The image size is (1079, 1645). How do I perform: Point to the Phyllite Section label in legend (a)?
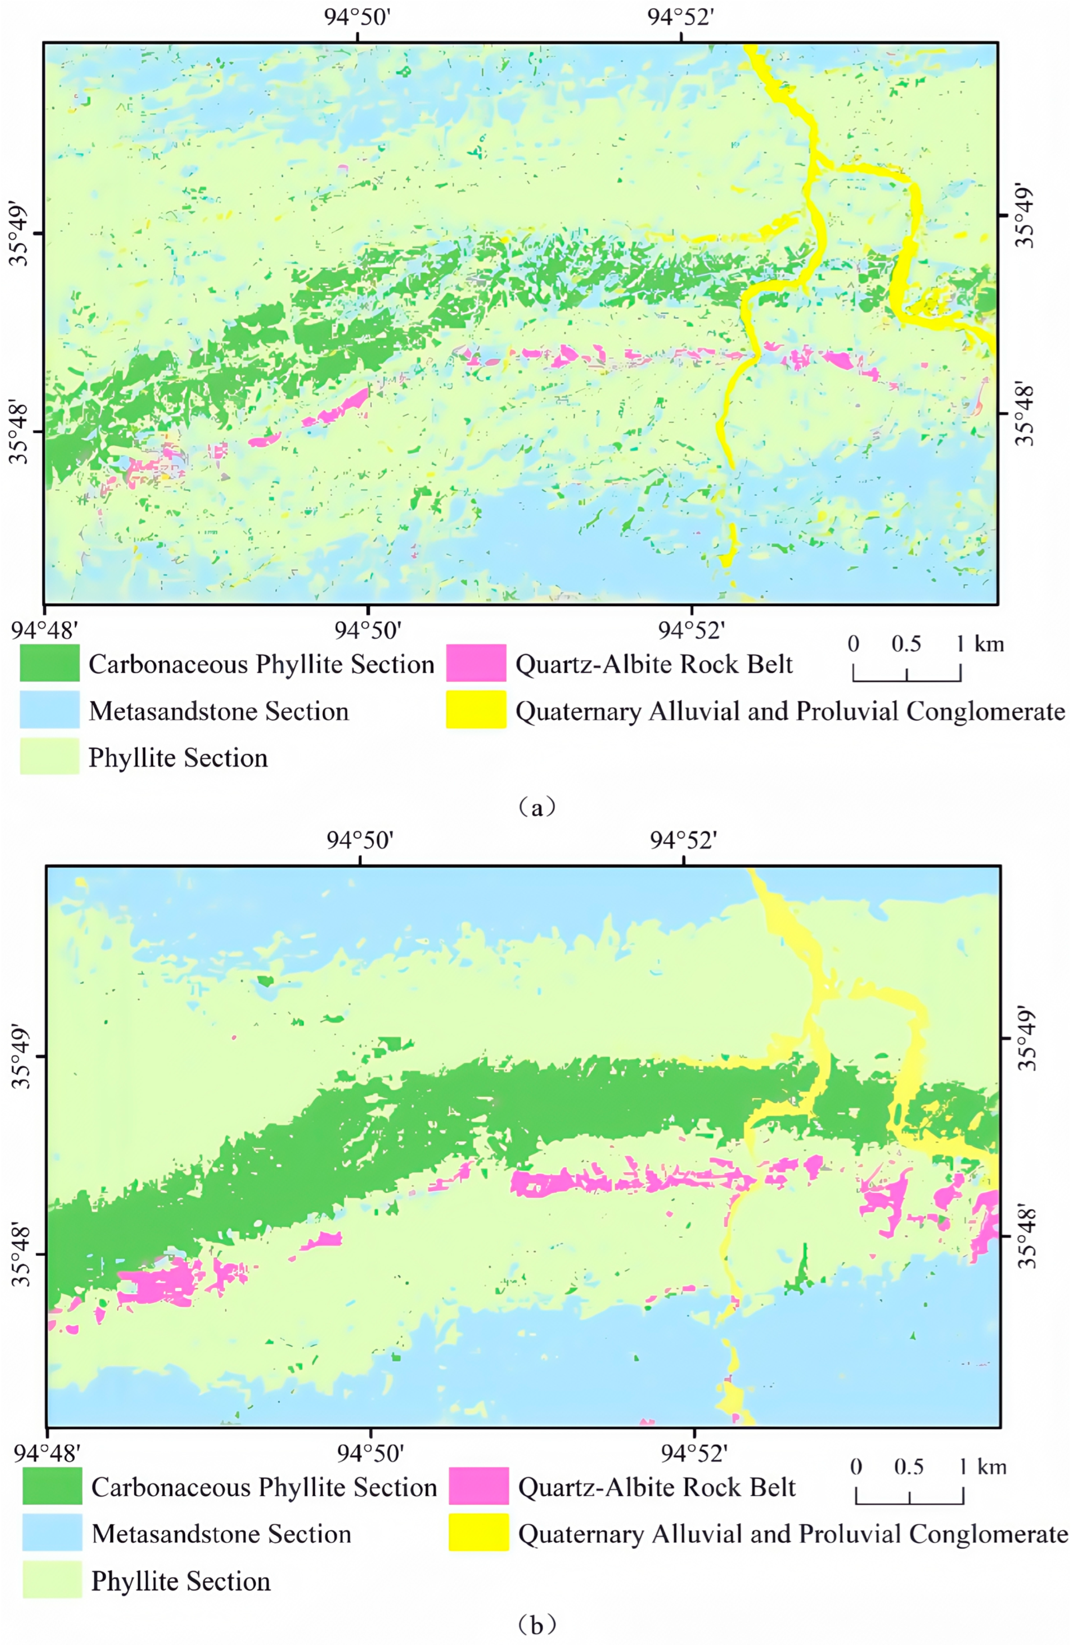click(178, 758)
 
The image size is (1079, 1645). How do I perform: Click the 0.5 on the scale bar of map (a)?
click(906, 644)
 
